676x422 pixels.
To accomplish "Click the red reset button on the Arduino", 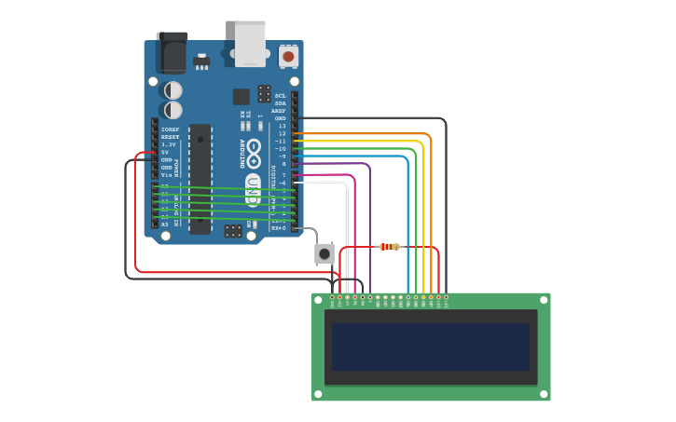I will click(288, 57).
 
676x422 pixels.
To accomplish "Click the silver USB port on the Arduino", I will click(250, 44).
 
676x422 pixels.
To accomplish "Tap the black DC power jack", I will click(172, 53).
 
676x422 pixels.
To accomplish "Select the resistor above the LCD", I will click(389, 247).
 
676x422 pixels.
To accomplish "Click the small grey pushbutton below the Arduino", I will click(324, 253).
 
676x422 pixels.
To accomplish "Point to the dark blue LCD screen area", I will click(431, 347).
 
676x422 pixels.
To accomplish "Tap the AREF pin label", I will click(279, 111).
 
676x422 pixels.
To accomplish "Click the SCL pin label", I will click(281, 96).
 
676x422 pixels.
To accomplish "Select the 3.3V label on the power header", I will click(169, 144).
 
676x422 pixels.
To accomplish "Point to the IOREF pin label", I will click(170, 129).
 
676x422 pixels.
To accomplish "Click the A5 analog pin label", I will click(165, 225).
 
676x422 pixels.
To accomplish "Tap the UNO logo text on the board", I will click(253, 190).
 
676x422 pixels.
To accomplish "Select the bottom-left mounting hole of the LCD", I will click(318, 394).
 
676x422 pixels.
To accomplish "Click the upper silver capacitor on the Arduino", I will click(173, 90).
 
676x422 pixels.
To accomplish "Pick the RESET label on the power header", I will click(170, 137).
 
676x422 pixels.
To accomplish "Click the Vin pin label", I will click(167, 175).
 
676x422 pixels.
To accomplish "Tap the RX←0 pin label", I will click(278, 227).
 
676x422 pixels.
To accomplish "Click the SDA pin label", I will click(281, 103).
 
